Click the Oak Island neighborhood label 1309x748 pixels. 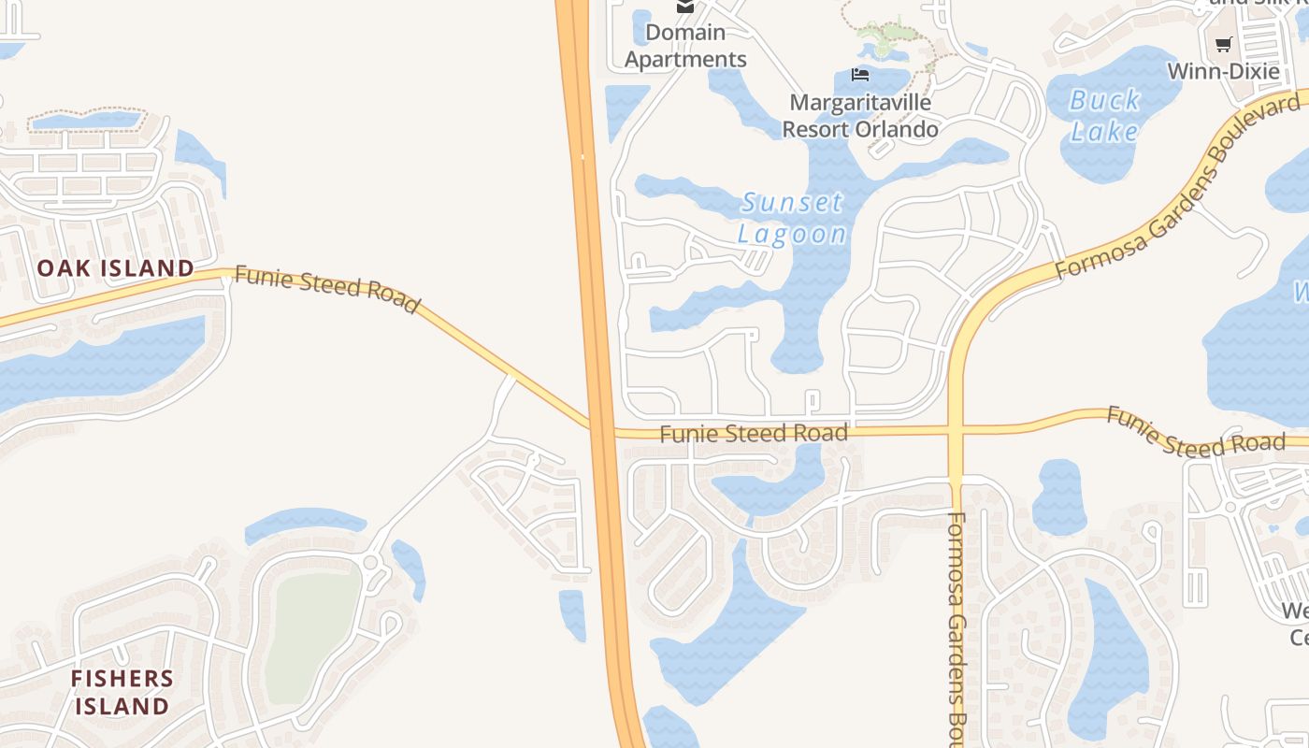point(116,268)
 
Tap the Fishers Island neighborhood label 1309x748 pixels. point(122,692)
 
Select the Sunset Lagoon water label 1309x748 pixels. point(792,218)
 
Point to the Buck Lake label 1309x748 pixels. point(1104,115)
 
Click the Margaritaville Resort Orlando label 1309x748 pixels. point(859,115)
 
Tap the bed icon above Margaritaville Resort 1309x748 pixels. point(860,75)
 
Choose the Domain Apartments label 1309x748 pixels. point(685,46)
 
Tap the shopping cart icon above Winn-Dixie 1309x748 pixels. point(1223,44)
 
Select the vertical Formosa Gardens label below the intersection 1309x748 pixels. point(956,626)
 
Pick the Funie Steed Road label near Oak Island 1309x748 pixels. point(326,289)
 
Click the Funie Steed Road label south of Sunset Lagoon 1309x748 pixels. point(754,434)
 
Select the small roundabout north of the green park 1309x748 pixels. point(371,563)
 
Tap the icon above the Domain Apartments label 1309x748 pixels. point(685,7)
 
